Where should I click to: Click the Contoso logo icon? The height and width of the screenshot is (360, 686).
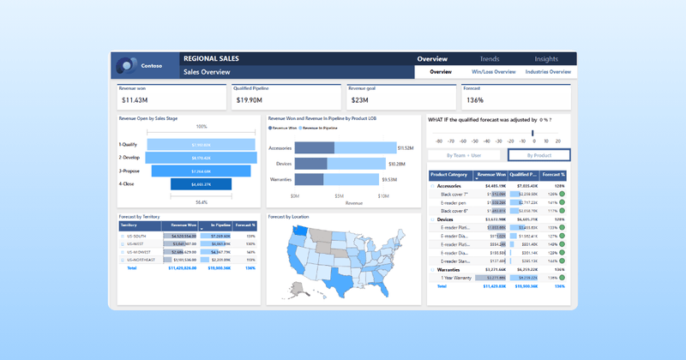127,65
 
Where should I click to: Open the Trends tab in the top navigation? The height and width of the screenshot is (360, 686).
490,59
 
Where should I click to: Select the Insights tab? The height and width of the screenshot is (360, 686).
546,59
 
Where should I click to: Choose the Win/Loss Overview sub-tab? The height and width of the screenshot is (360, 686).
492,72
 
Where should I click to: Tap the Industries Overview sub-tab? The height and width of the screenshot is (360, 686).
548,72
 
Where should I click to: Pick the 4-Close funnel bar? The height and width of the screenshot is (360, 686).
200,184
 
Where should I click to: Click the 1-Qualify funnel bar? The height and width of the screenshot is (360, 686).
200,145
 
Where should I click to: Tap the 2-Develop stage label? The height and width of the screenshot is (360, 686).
129,159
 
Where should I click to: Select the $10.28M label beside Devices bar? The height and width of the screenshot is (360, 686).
396,164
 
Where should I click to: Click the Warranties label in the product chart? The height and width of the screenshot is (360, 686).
280,180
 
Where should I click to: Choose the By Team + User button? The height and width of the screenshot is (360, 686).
464,155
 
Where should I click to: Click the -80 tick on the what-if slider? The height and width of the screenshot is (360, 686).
439,141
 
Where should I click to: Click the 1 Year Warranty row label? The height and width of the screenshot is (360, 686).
457,278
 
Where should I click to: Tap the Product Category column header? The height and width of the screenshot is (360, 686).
449,175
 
